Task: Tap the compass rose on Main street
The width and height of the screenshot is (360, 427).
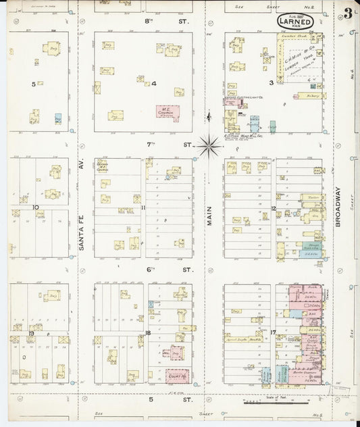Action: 209,143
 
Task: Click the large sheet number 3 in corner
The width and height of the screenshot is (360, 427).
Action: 346,13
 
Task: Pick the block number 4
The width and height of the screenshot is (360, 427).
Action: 154,84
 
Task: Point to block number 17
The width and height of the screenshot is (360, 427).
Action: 273,332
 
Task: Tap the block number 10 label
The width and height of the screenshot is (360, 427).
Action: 34,207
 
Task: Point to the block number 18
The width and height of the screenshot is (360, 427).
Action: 147,333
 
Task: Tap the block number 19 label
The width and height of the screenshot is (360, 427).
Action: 31,333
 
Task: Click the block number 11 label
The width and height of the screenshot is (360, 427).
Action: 144,207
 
